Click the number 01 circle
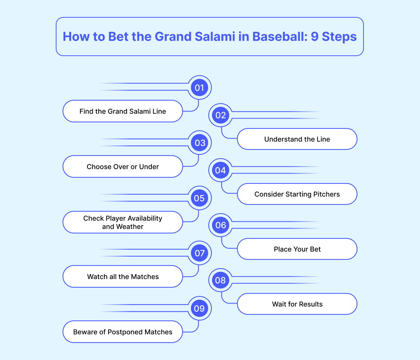[199, 88]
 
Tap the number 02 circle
[220, 115]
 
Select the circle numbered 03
[199, 143]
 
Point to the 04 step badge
[220, 170]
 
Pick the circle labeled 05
[199, 198]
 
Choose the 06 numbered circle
[220, 225]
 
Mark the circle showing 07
[199, 253]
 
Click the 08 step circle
[220, 280]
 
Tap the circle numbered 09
[199, 308]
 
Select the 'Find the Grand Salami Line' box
[122, 111]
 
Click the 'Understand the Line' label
[297, 139]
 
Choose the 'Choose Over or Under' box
[122, 167]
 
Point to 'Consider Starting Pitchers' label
[297, 194]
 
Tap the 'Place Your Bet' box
[297, 249]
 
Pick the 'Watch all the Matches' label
[122, 277]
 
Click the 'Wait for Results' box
[297, 304]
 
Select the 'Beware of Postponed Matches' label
[122, 332]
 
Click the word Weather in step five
[130, 227]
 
